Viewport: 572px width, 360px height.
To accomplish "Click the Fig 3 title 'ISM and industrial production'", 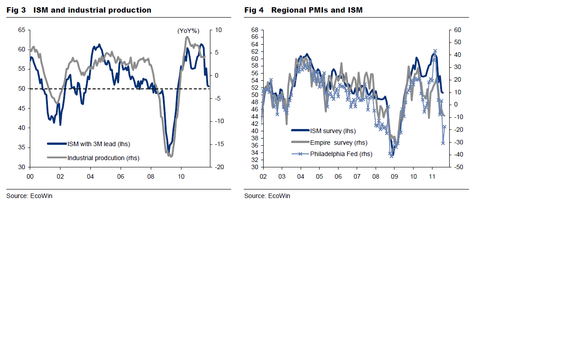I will [x=92, y=10].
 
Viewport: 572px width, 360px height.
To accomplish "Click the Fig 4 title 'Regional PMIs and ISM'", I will [x=316, y=10].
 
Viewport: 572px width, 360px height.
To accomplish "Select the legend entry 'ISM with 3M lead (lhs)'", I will [x=98, y=144].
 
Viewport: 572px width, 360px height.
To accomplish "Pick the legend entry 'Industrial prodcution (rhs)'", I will [x=103, y=158].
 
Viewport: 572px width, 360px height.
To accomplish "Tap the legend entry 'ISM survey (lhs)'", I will [x=333, y=131].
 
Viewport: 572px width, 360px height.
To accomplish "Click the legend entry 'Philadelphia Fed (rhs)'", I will [x=341, y=154].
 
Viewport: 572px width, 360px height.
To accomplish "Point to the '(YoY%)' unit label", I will [x=188, y=31].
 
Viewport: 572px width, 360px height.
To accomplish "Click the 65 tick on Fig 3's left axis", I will [x=22, y=30].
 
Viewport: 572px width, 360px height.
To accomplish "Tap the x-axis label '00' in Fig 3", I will [x=30, y=176].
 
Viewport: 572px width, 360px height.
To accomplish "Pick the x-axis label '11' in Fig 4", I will [x=432, y=176].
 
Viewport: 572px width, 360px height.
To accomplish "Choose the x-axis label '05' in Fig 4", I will [x=319, y=176].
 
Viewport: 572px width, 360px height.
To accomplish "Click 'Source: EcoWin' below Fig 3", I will [x=29, y=196].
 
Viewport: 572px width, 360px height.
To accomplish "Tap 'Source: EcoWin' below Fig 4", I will [x=267, y=196].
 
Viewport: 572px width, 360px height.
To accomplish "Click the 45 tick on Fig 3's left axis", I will [x=22, y=109].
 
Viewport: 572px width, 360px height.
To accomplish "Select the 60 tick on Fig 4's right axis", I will [x=457, y=30].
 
